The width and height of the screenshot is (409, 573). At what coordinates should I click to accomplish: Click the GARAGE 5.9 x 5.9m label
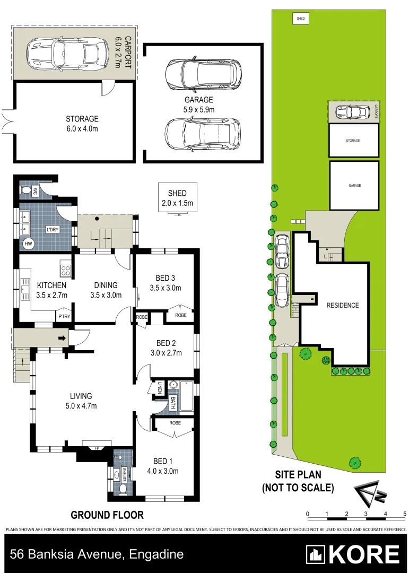(x=199, y=105)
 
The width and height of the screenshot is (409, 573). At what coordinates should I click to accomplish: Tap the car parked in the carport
(x=65, y=52)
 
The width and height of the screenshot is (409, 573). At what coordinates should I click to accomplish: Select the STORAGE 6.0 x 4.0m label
(x=82, y=124)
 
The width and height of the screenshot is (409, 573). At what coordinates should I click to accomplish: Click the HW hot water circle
(x=28, y=244)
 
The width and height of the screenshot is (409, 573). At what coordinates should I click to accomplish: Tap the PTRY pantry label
(x=64, y=317)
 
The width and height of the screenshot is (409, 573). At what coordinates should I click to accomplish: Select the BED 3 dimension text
(x=166, y=289)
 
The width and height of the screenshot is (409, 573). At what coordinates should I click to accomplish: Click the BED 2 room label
(x=166, y=343)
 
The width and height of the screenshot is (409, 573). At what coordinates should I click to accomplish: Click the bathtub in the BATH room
(x=187, y=397)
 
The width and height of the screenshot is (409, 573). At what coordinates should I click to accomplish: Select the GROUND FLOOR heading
(x=107, y=515)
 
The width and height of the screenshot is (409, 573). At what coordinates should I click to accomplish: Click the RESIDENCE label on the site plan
(x=342, y=305)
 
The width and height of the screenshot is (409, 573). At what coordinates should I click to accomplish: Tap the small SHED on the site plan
(x=301, y=19)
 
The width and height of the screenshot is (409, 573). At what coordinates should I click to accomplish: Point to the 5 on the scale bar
(x=405, y=514)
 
